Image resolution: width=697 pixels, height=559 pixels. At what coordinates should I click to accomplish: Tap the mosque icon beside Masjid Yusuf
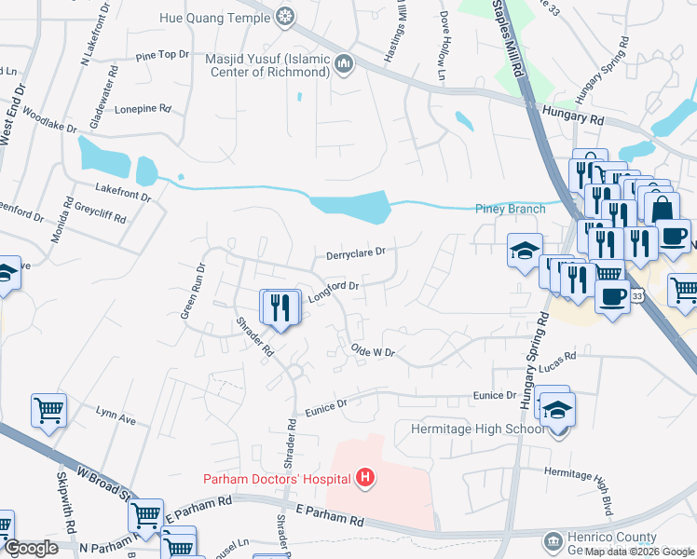[x=345, y=64]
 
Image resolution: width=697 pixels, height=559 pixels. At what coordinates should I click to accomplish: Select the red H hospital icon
[x=366, y=479]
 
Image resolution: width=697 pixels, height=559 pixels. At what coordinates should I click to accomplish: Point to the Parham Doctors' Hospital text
[x=277, y=479]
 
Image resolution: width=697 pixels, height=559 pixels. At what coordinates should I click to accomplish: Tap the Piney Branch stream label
[x=510, y=209]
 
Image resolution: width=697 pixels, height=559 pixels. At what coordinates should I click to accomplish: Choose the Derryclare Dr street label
[x=355, y=253]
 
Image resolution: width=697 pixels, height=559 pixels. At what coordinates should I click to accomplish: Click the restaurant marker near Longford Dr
[x=280, y=307]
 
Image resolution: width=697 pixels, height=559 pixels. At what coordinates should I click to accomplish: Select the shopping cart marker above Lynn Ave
[x=48, y=409]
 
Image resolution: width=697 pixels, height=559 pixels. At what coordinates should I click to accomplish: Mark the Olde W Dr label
[x=373, y=352]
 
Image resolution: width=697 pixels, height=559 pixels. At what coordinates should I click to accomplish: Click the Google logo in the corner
[x=30, y=548]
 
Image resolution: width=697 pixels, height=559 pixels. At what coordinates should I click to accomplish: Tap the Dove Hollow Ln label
[x=442, y=42]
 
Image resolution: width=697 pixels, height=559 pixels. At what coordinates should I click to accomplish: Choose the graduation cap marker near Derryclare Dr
[x=525, y=249]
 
